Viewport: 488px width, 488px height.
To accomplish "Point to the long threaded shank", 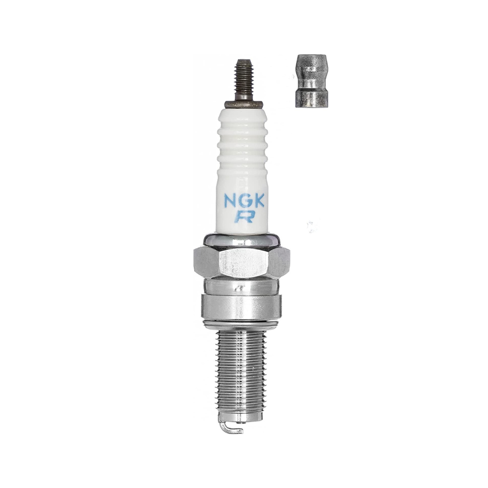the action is [242, 374].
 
